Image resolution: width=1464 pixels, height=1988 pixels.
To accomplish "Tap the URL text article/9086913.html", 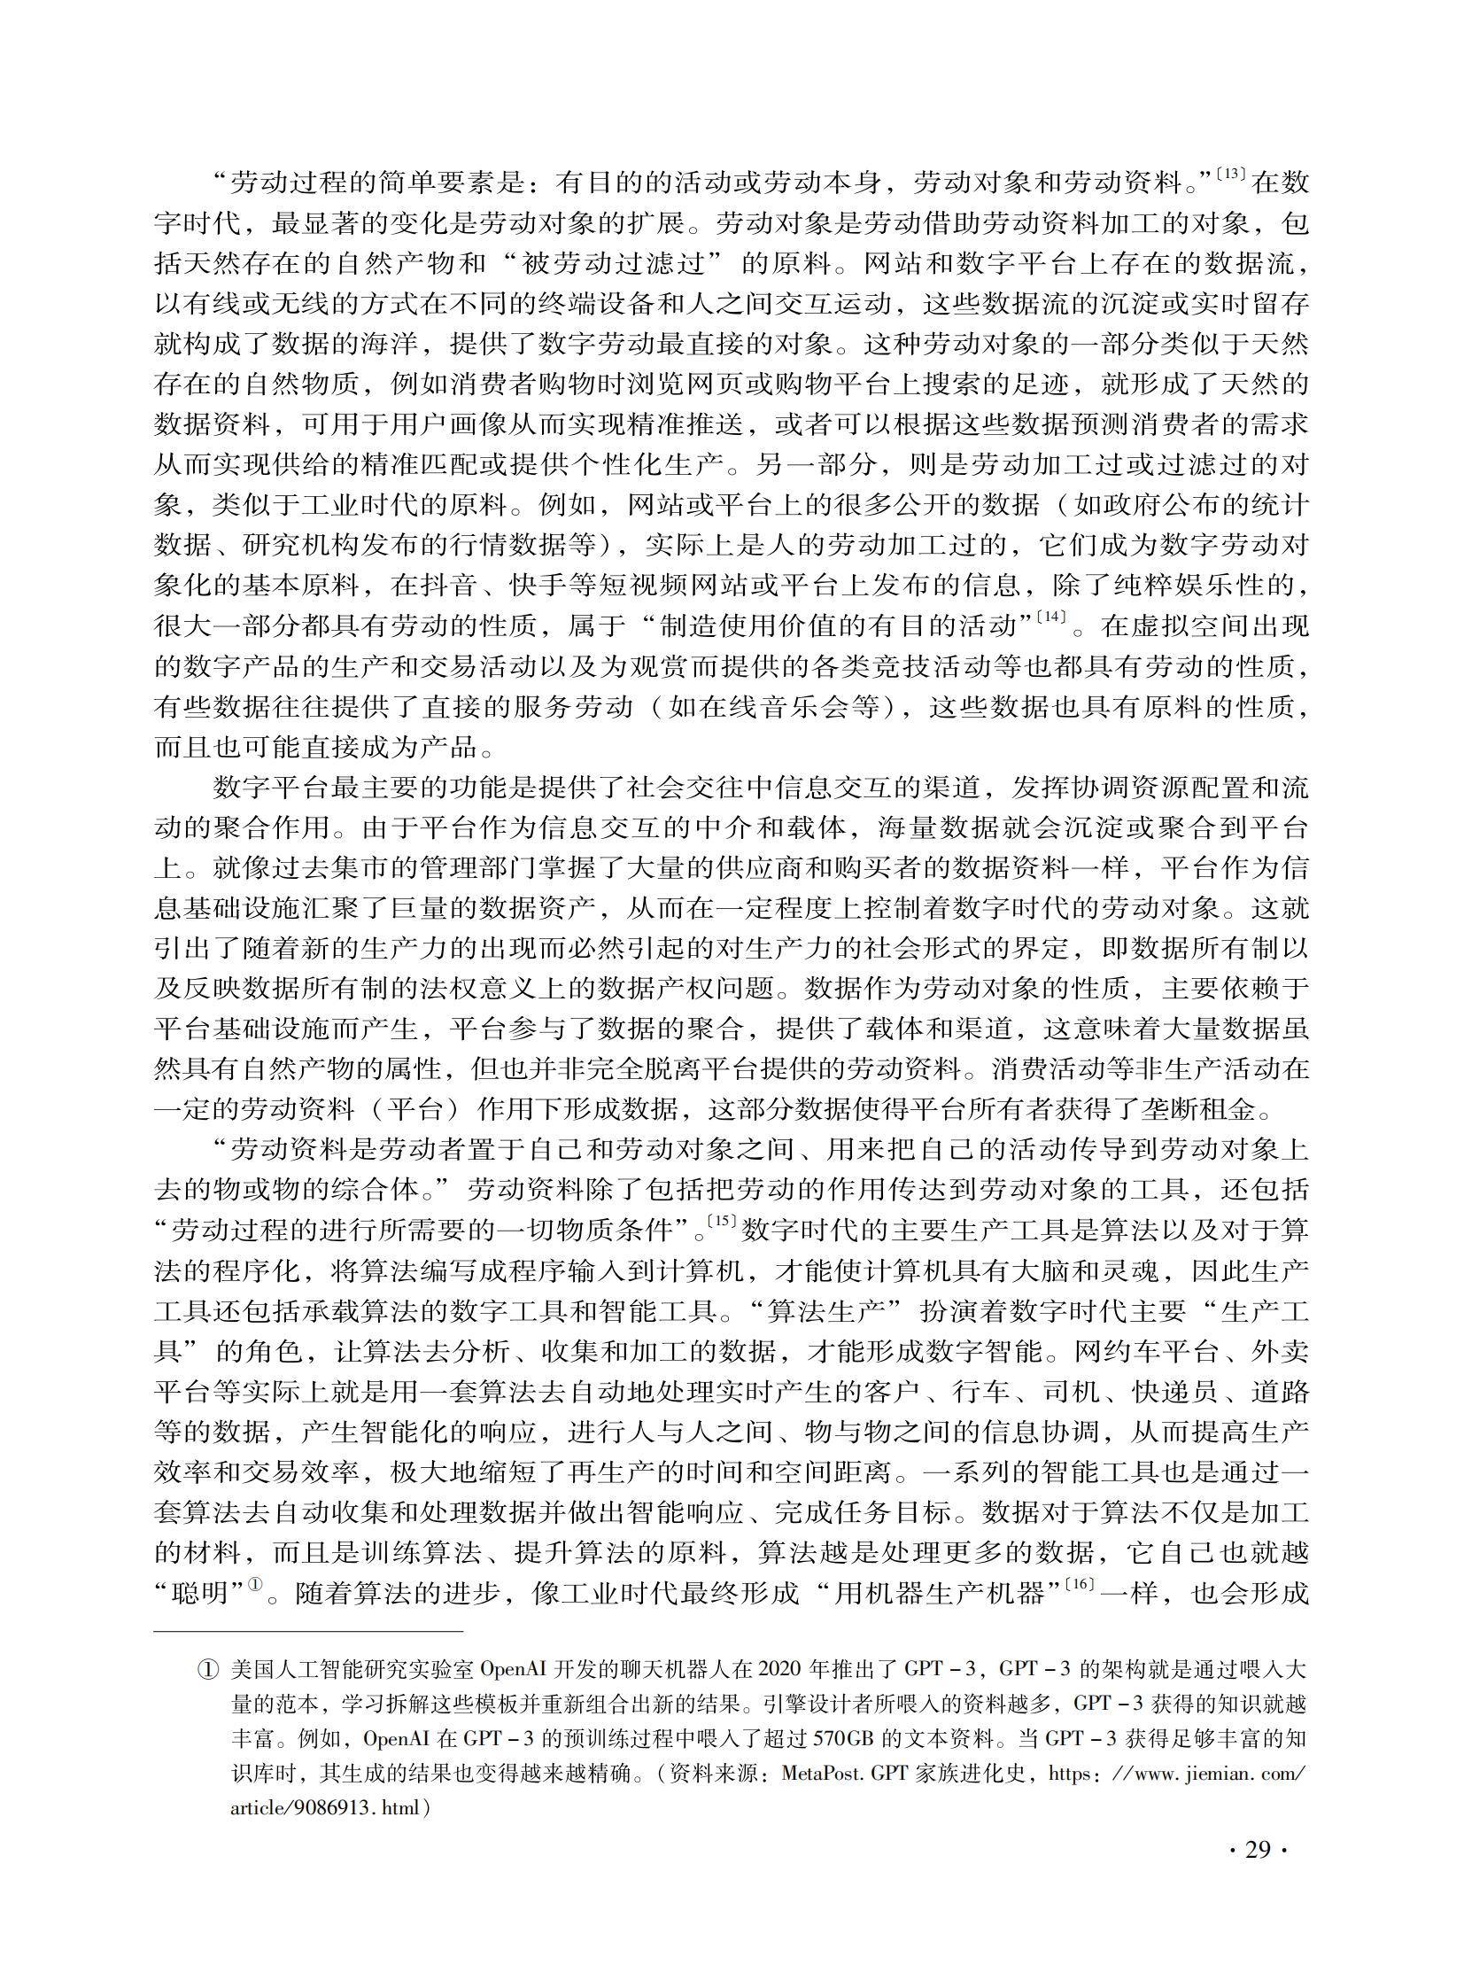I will click(329, 1808).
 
